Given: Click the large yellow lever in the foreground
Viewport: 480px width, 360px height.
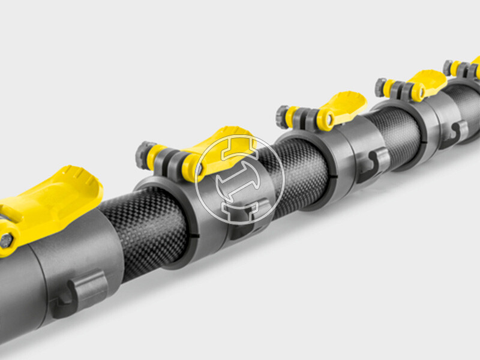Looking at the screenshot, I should (x=57, y=195).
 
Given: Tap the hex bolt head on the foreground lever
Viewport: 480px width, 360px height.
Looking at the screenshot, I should (x=5, y=240).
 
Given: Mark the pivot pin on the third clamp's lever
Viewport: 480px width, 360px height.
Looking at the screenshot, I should (x=329, y=119).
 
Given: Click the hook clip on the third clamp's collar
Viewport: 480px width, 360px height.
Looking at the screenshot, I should (x=374, y=163).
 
